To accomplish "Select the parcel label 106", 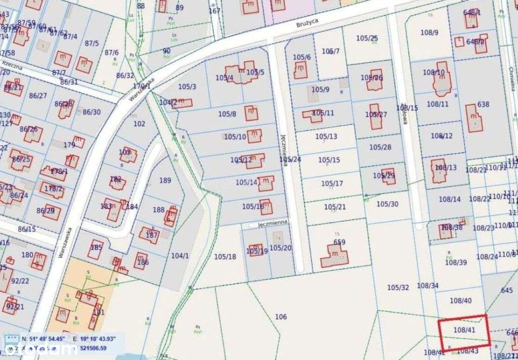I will tap(281, 317).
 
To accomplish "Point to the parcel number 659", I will tap(339, 242).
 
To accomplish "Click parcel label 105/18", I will tap(225, 256).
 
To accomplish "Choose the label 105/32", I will tap(398, 287).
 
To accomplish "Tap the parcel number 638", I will tap(483, 105).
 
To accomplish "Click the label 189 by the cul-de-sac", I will tap(165, 181).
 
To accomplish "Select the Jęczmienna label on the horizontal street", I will tap(272, 222).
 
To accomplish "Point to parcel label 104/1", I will tap(180, 256).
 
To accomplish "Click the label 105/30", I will tap(387, 204).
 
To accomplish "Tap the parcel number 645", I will tap(506, 290).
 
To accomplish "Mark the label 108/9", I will tap(429, 32).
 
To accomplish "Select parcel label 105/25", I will tap(367, 38).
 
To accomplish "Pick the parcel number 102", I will tap(139, 123).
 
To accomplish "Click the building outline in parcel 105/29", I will tap(388, 175).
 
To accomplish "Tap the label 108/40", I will tap(460, 300).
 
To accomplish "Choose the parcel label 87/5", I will tap(92, 43).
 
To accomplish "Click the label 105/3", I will tap(187, 86).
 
